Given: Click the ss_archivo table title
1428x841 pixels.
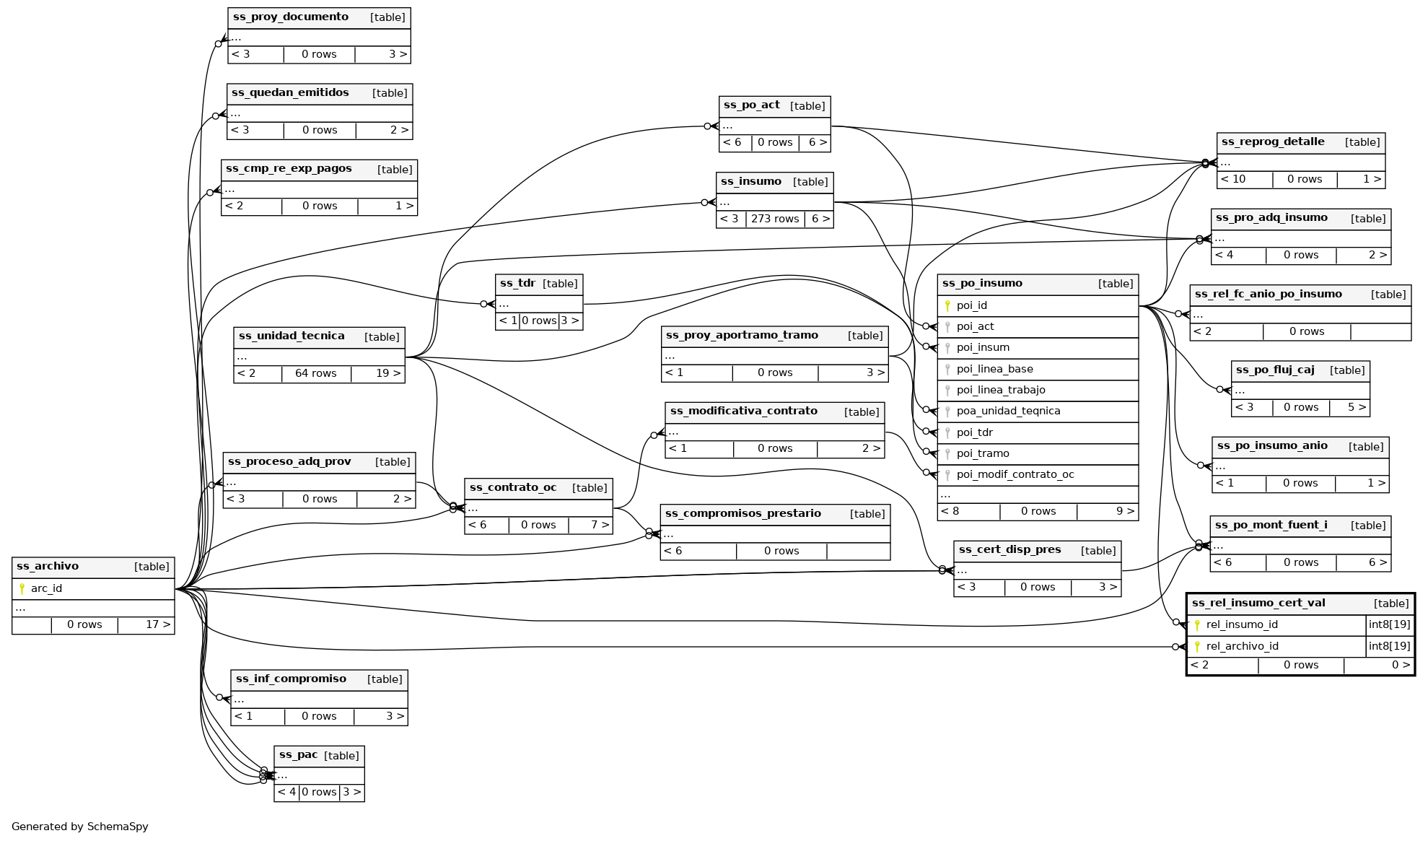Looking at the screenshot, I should (48, 567).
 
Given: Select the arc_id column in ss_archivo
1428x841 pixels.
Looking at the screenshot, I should (46, 588).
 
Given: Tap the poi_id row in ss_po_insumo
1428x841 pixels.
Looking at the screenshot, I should (971, 305).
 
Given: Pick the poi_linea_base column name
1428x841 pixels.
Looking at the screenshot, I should (994, 369).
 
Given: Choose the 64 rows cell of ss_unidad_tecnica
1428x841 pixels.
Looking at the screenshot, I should (315, 373).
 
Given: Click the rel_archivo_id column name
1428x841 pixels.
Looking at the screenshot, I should (1242, 646).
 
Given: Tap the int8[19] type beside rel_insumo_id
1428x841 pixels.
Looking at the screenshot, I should (1389, 624).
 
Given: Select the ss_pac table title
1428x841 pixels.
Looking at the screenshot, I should (298, 755).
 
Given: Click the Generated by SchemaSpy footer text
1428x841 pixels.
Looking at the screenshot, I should (79, 827).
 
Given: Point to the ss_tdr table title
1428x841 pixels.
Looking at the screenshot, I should (517, 284).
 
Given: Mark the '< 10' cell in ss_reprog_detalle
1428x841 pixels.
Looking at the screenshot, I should (1232, 179).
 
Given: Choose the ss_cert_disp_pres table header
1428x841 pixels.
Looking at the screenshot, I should (1009, 550).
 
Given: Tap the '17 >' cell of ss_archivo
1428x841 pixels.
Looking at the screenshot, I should (157, 624).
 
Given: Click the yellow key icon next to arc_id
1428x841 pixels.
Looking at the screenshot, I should (22, 588).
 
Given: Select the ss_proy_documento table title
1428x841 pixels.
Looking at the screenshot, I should (291, 17).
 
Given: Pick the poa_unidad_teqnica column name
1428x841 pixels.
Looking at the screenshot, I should (1008, 411).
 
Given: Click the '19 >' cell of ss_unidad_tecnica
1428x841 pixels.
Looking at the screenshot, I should (387, 373).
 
